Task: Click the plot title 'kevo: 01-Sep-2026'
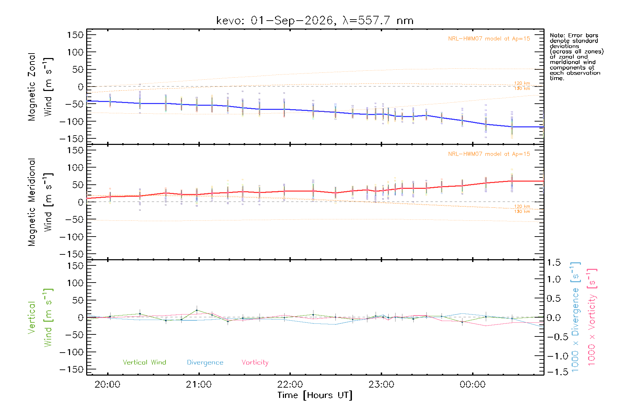click(x=275, y=21)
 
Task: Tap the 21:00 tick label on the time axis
click(x=199, y=385)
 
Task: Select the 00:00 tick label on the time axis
click(x=473, y=385)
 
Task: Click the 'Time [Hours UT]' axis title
click(x=315, y=396)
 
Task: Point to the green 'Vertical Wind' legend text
click(x=145, y=362)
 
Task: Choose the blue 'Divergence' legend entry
click(x=205, y=363)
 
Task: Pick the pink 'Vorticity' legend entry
click(x=255, y=363)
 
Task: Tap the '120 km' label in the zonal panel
click(x=522, y=83)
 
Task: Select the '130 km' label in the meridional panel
click(x=522, y=211)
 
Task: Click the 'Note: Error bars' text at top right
click(x=574, y=35)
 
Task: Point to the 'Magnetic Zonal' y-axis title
click(x=32, y=87)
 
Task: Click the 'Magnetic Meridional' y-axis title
click(x=32, y=202)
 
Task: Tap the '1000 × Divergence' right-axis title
click(x=575, y=317)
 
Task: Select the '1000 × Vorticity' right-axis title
click(x=592, y=317)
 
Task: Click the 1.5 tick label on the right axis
click(x=554, y=263)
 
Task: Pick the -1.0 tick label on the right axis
click(x=554, y=356)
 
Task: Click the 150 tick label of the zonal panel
click(x=76, y=35)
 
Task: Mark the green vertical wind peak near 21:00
click(x=197, y=310)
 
